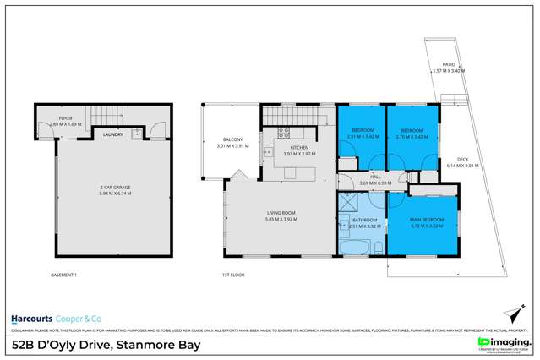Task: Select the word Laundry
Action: pos(112,134)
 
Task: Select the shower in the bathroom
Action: pos(346,204)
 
